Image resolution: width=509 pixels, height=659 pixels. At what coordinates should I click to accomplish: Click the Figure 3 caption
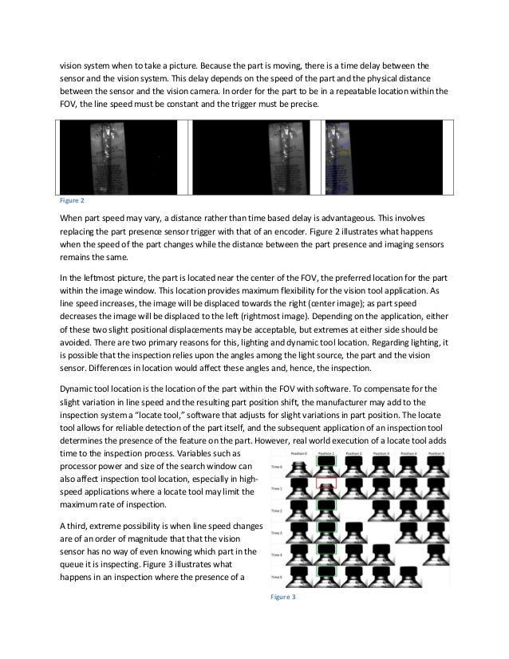point(283,596)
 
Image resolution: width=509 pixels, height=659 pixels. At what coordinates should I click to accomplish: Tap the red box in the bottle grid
point(326,483)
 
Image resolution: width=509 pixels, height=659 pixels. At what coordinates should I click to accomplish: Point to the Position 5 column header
point(436,452)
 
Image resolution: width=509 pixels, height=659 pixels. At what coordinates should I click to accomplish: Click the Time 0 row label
point(276,465)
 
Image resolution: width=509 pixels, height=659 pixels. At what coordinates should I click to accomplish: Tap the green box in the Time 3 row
point(326,529)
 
